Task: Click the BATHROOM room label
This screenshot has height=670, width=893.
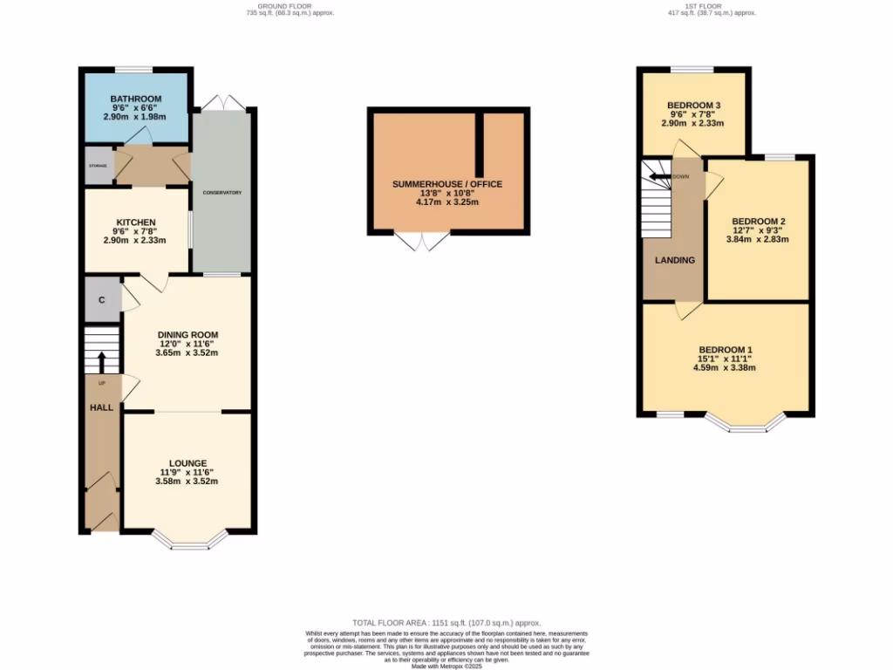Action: point(136,98)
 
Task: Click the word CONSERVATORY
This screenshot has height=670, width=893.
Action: point(222,192)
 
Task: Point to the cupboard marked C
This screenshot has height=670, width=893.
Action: point(102,300)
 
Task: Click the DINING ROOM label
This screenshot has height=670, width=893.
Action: point(187,334)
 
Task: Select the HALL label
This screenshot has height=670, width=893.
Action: point(102,407)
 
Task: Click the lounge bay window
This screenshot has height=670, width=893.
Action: point(189,542)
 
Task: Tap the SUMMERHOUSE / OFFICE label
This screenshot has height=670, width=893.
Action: point(447,184)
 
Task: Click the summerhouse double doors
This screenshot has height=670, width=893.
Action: point(423,242)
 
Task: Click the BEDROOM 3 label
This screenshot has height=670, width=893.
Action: point(693,106)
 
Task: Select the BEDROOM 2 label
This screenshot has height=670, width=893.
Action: point(759,221)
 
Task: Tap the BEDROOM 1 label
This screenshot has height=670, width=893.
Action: point(726,350)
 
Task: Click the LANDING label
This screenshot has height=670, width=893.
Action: point(675,260)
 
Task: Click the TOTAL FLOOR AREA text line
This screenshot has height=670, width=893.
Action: point(446,623)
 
